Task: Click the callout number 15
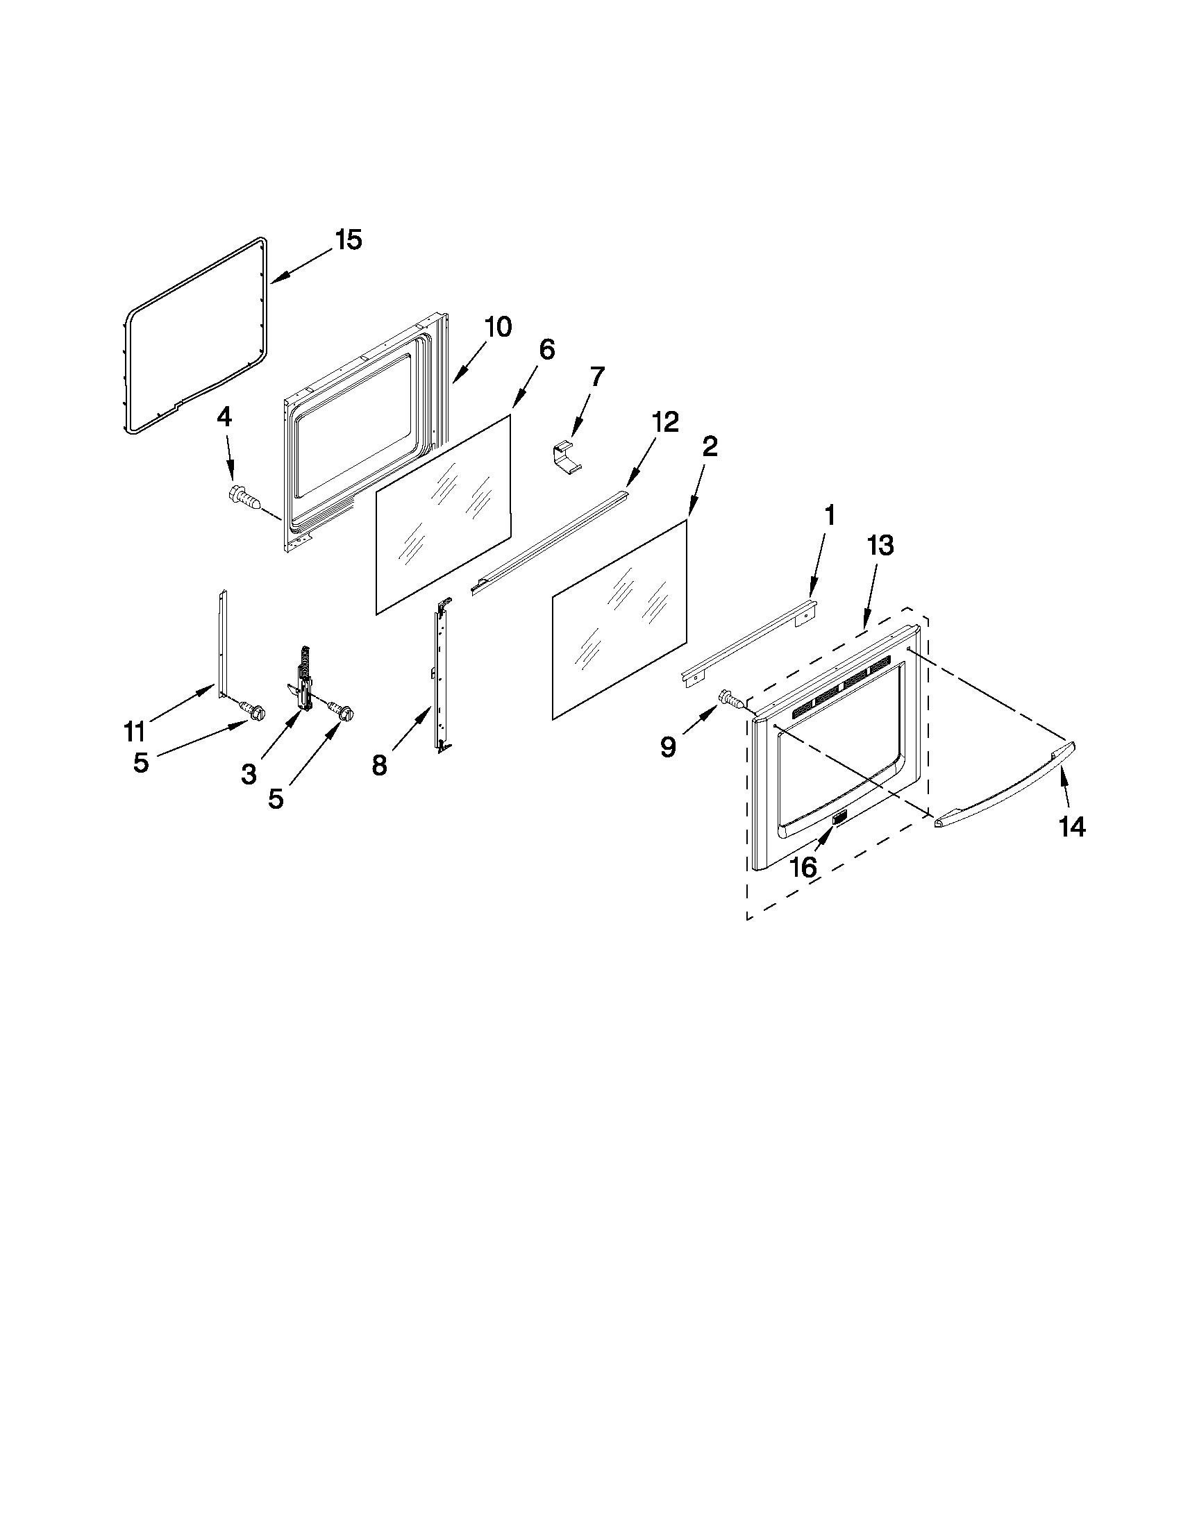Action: (348, 240)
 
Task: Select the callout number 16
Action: (803, 868)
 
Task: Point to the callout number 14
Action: (1071, 828)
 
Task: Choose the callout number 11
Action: (134, 732)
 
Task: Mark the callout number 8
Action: (378, 766)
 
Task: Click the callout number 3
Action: (249, 775)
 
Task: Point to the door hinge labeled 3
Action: (303, 681)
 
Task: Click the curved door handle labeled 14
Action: (1005, 787)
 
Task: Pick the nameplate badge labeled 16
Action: (839, 818)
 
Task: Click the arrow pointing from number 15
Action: (301, 267)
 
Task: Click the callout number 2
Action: (710, 446)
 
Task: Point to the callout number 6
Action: (546, 349)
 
